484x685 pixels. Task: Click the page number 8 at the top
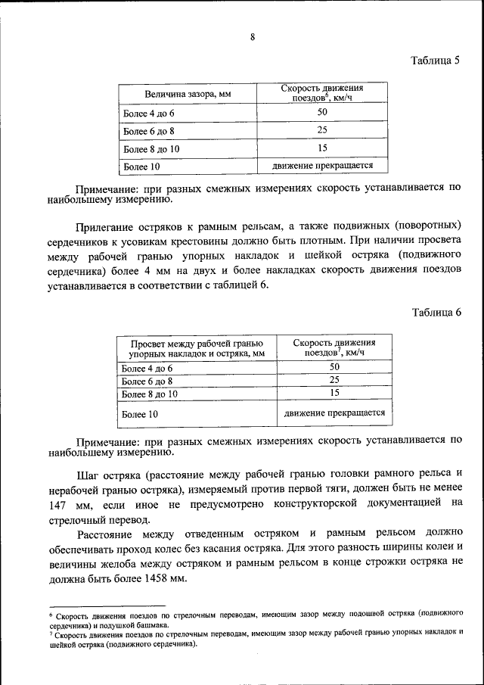click(252, 37)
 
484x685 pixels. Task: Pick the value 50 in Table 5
click(322, 113)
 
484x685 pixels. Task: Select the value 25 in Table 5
click(322, 130)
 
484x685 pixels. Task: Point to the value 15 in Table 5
click(322, 148)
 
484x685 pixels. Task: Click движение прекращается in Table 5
click(322, 166)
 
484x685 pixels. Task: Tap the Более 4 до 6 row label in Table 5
click(149, 113)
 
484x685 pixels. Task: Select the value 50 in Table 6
click(334, 367)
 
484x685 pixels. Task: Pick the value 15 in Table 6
click(334, 393)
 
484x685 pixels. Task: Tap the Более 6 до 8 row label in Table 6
click(148, 381)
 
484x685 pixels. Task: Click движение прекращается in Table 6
click(334, 413)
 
